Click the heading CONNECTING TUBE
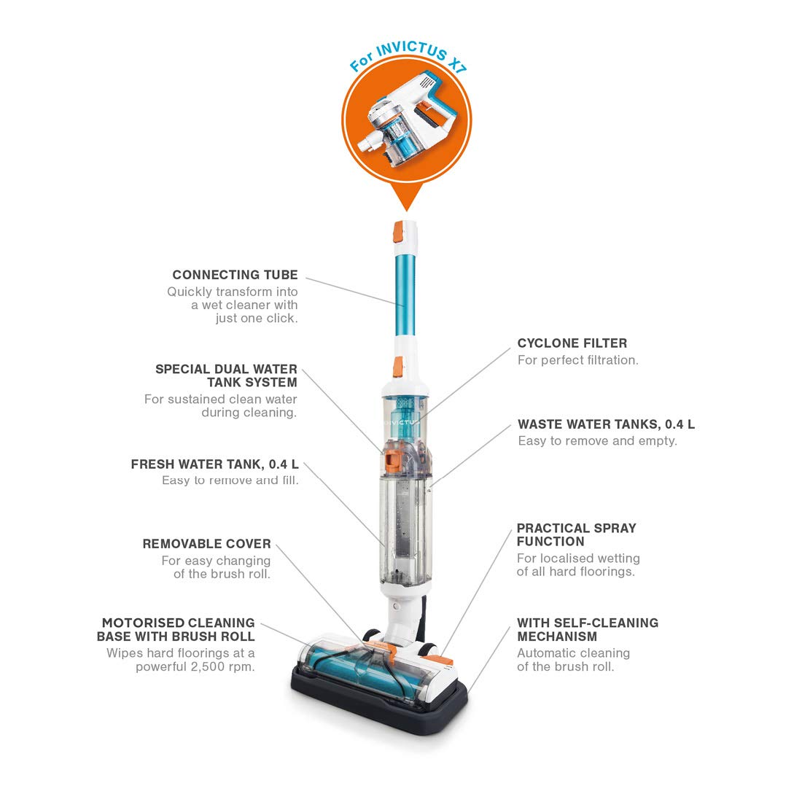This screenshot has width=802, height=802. coord(235,275)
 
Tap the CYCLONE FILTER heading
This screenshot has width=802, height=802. coord(572,343)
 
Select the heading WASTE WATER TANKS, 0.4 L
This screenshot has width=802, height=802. coord(606,424)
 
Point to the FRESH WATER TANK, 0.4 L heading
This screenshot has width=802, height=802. coord(214,464)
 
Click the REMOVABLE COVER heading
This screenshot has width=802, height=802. coord(206,544)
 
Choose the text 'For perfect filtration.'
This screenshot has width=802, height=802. coord(577,360)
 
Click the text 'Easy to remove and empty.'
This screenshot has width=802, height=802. coord(597,441)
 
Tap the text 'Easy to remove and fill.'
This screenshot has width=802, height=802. coord(230,480)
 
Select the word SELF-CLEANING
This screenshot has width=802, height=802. coord(604,623)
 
